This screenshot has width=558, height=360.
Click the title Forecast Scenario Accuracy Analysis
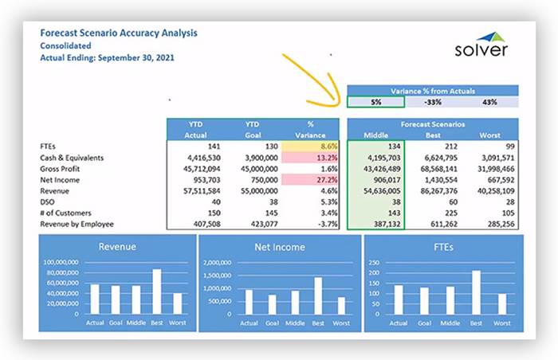(119, 33)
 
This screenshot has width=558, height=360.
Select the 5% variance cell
(375, 101)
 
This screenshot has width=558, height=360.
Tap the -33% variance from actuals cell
(433, 101)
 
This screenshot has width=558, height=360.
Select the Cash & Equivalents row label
(72, 158)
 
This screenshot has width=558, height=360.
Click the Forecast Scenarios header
(433, 124)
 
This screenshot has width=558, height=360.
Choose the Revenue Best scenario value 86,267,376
(439, 191)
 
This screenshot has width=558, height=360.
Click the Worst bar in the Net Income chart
(340, 305)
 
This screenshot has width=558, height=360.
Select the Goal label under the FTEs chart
(422, 323)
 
